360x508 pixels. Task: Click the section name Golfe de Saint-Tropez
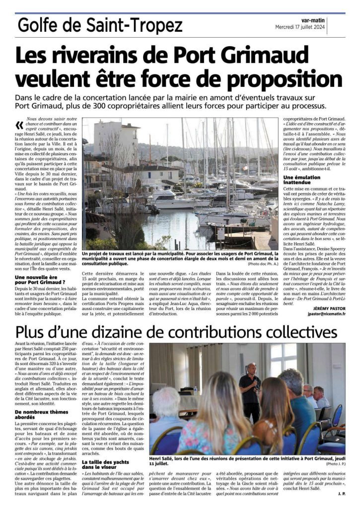coord(99,24)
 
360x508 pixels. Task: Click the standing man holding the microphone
coord(250,389)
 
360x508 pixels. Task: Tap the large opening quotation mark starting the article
coord(20,125)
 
